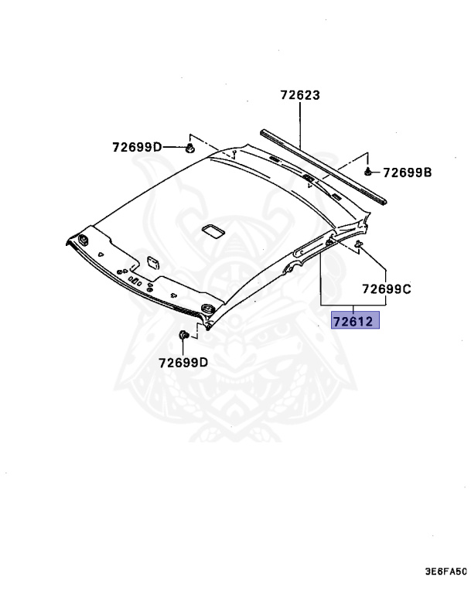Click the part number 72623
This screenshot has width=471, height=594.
[300, 96]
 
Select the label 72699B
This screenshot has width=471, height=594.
[407, 172]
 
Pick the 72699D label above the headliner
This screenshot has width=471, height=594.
[137, 147]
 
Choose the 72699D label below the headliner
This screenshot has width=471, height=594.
[183, 362]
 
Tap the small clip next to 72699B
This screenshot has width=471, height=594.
[370, 171]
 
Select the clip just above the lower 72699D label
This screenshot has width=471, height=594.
[184, 334]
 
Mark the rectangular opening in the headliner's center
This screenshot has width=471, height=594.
[210, 230]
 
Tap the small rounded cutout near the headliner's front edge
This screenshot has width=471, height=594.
[153, 261]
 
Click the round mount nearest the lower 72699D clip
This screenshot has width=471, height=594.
[206, 311]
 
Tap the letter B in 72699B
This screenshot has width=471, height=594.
[426, 172]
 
